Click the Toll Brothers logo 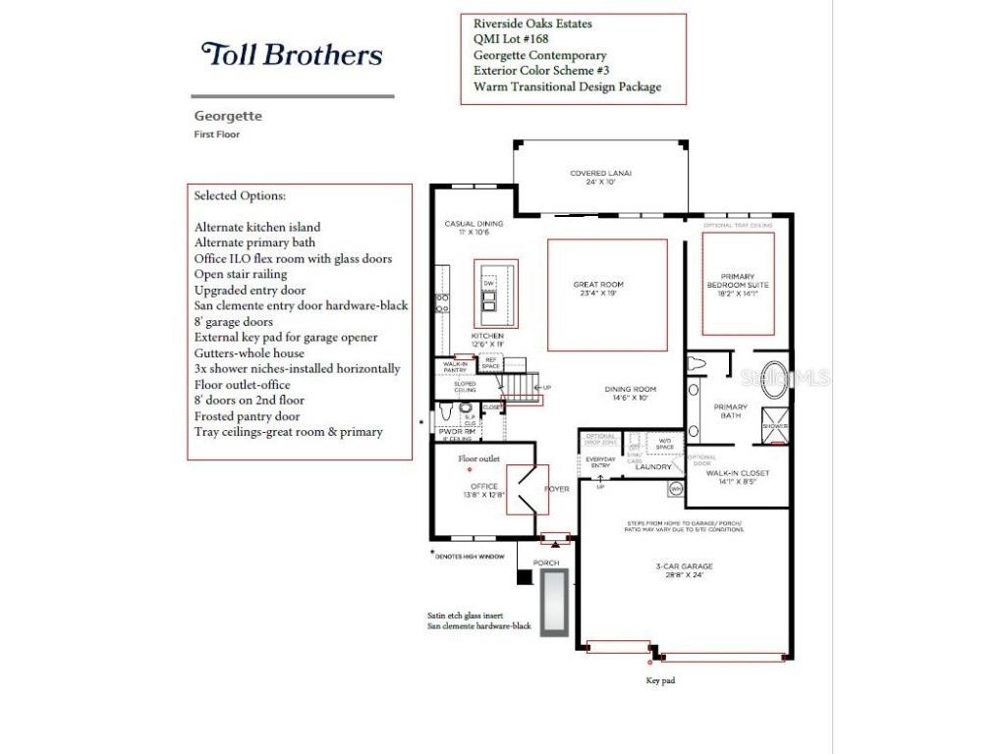click(292, 54)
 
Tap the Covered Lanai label click(600, 177)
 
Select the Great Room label click(598, 290)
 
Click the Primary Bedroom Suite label click(739, 284)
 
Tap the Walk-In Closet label click(738, 477)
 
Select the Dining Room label click(630, 394)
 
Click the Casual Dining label click(474, 228)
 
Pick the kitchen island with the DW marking click(489, 295)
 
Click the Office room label click(483, 490)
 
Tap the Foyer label click(557, 489)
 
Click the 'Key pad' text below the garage click(659, 680)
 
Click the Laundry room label click(652, 466)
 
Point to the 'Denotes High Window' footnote click(470, 556)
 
